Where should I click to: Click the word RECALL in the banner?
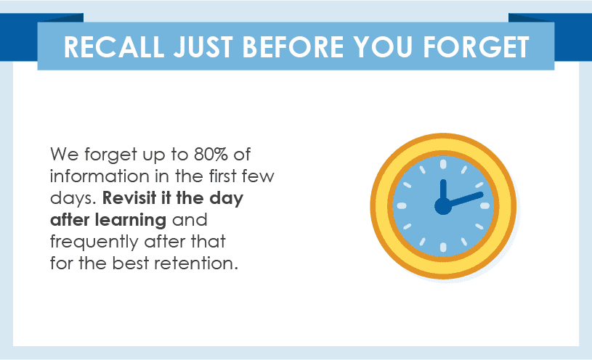click(x=114, y=47)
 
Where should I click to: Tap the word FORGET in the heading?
click(x=476, y=47)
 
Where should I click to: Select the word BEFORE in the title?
click(x=293, y=47)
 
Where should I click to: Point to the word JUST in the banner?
click(x=203, y=47)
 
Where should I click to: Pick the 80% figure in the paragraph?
click(x=211, y=155)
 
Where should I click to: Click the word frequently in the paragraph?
click(x=94, y=242)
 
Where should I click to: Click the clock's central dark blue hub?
click(x=443, y=206)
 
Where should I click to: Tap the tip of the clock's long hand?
click(x=481, y=195)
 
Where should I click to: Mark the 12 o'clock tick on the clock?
click(x=443, y=164)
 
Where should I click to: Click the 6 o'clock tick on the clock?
click(x=443, y=247)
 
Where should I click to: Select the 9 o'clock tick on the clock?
click(x=402, y=205)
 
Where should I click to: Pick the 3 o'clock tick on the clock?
click(x=485, y=205)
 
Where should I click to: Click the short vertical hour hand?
click(x=443, y=191)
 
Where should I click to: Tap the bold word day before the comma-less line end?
click(x=227, y=199)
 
